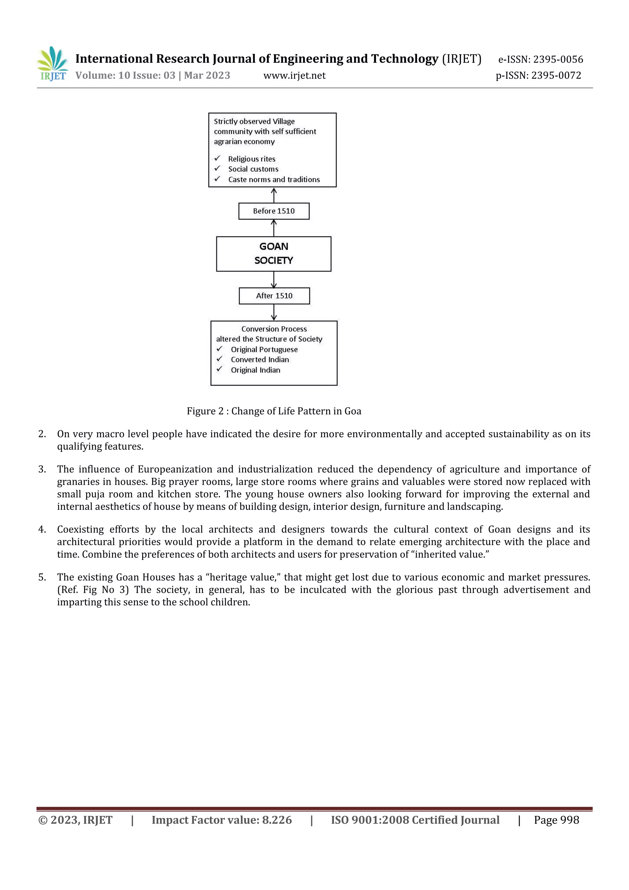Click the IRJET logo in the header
click(53, 64)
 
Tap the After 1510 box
click(274, 296)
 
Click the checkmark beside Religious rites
click(217, 158)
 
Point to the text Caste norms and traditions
click(274, 179)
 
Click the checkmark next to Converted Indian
click(220, 359)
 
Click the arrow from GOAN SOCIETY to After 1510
click(274, 279)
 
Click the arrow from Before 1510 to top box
click(274, 195)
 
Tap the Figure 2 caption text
click(274, 411)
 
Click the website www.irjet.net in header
click(294, 76)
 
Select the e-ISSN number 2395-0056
click(558, 59)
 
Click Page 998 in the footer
click(556, 820)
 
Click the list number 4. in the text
click(42, 529)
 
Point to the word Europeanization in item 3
click(175, 469)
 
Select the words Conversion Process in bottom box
click(274, 329)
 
